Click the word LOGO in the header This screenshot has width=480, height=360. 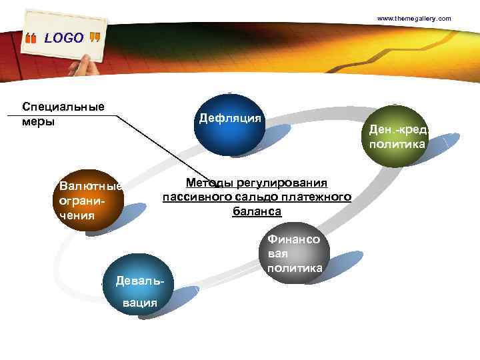tap(64, 38)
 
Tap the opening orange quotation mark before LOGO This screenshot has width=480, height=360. tap(31, 39)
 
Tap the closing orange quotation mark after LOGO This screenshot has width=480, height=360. tap(94, 37)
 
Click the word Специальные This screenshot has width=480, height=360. tap(63, 107)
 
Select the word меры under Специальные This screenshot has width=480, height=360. tap(38, 122)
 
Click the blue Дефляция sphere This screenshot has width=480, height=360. tap(229, 125)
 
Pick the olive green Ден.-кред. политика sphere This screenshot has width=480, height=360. tap(397, 136)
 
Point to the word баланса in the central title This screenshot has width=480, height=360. tap(257, 211)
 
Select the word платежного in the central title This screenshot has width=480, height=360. tap(317, 197)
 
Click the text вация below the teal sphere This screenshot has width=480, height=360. tap(139, 302)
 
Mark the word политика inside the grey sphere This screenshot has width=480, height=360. tap(294, 268)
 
